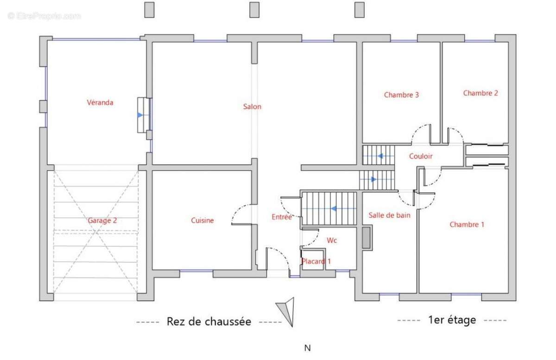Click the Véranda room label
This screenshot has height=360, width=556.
point(100,103)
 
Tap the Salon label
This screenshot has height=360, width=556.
point(252,107)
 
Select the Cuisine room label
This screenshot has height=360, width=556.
point(202,221)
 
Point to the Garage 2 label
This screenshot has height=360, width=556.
point(102,221)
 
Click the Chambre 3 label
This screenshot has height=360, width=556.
point(401,95)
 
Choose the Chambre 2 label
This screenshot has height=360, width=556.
point(480,93)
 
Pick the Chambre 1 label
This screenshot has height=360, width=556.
point(467,225)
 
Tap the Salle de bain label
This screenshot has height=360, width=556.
point(389,215)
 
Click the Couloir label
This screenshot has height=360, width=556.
point(421,157)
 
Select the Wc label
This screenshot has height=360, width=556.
point(332,240)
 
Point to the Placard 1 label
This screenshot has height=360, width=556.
point(316,261)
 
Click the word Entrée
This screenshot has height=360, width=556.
point(281,216)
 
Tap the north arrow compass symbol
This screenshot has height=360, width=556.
point(287,311)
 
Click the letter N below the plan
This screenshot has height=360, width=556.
point(307,348)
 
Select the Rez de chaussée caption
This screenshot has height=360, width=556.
point(208,322)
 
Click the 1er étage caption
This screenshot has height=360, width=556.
point(452,320)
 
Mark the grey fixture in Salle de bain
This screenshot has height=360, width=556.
point(367,238)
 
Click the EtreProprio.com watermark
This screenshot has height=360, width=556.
point(44,16)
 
